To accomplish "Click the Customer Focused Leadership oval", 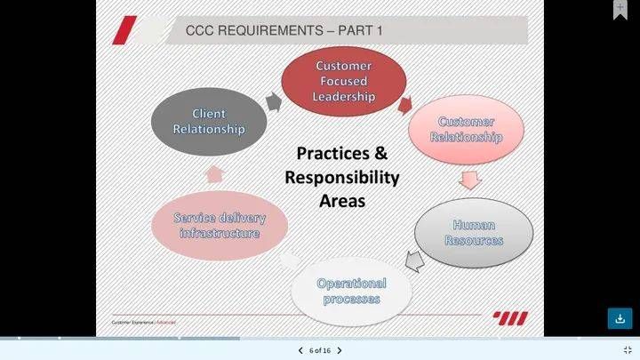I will (x=343, y=81).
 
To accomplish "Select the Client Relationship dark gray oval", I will (x=209, y=121).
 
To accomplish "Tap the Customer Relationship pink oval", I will (x=466, y=129).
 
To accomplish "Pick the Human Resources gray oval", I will (x=474, y=233).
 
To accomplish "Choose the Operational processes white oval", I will (x=351, y=291).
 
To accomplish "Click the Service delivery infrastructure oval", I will (x=219, y=225).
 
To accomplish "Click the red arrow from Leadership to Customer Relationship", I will (x=405, y=106).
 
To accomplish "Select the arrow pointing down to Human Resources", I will (x=469, y=180).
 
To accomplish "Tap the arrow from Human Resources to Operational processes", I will (x=414, y=260).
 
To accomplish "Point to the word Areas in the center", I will (x=342, y=201).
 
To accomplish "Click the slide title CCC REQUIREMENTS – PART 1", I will (x=284, y=31).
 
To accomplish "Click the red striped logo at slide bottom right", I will (x=510, y=318).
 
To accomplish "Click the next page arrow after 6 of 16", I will (x=340, y=351).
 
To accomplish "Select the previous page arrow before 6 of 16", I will (x=300, y=351).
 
